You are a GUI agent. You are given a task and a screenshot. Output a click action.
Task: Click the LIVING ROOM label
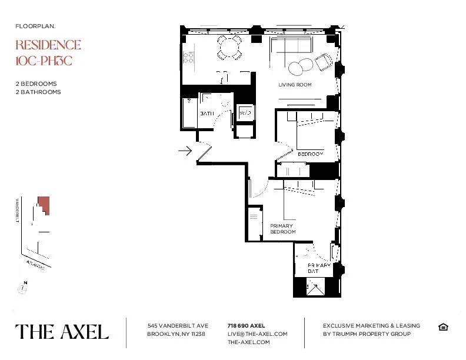(295, 85)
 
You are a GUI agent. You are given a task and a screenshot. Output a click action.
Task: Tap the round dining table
(229, 48)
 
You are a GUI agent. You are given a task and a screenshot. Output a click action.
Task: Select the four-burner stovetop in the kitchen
(189, 56)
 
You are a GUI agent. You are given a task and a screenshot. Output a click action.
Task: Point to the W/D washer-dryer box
(245, 113)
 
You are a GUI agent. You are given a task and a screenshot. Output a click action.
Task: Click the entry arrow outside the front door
(185, 151)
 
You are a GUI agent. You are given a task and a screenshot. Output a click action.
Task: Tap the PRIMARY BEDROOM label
(282, 229)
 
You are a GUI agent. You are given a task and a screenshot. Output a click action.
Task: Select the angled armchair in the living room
(323, 61)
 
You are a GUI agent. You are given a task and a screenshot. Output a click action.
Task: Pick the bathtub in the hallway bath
(189, 112)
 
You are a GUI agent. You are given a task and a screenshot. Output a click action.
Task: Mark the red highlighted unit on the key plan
(44, 205)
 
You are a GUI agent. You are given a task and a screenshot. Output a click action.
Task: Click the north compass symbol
(22, 288)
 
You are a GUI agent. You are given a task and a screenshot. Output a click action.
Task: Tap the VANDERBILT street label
(18, 212)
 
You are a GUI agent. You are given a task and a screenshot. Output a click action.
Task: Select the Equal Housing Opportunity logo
(443, 327)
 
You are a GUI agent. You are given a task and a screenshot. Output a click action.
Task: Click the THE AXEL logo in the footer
(62, 332)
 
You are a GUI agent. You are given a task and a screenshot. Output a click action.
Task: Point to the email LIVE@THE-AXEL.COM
(257, 334)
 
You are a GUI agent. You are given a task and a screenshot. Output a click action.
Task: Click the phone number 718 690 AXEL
(246, 325)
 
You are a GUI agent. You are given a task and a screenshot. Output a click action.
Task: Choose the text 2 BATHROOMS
(38, 92)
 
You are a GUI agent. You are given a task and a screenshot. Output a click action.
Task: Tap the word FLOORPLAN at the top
(35, 26)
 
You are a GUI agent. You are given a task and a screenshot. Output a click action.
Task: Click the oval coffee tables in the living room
(300, 66)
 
